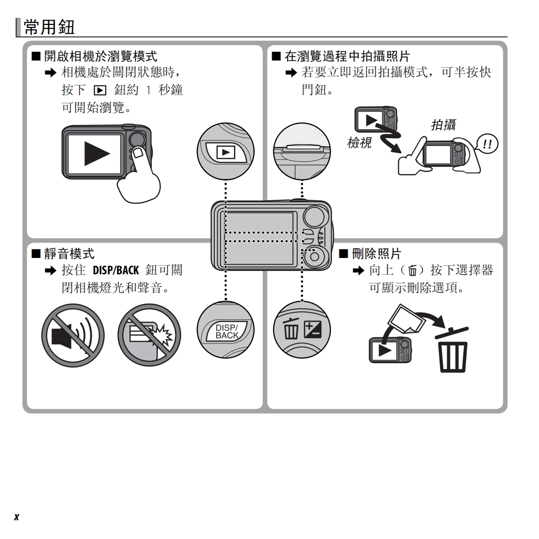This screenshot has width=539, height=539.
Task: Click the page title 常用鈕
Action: (x=49, y=27)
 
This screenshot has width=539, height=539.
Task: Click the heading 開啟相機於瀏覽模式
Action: (x=100, y=57)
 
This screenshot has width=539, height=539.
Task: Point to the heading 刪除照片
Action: (x=376, y=253)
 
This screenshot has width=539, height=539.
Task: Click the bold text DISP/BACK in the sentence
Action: (x=115, y=270)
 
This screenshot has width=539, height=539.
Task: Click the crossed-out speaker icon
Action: (x=73, y=335)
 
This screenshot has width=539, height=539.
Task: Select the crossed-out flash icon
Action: (x=149, y=335)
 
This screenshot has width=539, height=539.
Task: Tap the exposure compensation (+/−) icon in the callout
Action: (x=313, y=330)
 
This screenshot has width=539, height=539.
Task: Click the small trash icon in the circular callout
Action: (x=291, y=330)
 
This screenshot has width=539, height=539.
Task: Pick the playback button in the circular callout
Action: (x=226, y=152)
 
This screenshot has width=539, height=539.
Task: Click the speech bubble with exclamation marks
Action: (x=487, y=144)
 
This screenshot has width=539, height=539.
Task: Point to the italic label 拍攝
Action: (x=443, y=125)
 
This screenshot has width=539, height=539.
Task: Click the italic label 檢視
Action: (x=359, y=143)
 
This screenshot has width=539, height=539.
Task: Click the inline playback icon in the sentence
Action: (x=99, y=90)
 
